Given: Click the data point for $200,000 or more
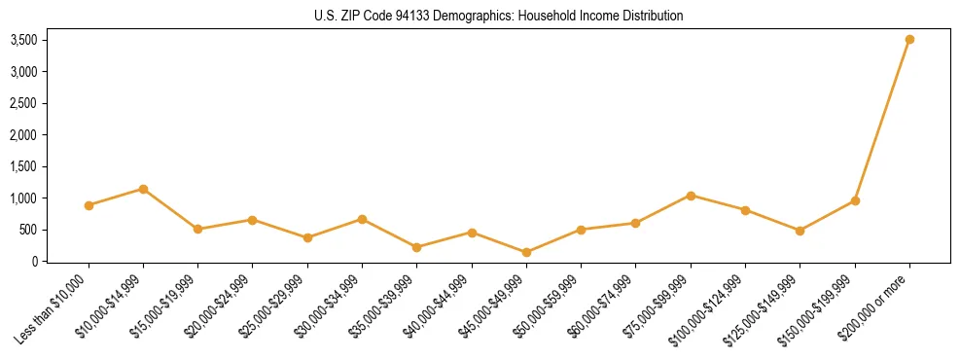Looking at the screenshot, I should [x=909, y=40].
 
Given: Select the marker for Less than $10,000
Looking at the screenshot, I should [x=89, y=205].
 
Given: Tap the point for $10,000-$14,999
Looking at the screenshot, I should [x=143, y=189].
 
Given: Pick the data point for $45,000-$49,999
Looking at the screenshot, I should [x=526, y=252].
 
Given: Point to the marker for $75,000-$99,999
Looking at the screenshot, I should [x=691, y=196].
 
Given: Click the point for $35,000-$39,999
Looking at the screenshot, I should [x=417, y=247].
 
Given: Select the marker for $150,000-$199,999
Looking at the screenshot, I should [x=855, y=200].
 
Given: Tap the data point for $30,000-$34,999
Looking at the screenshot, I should [x=362, y=219].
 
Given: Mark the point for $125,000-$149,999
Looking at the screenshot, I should [x=800, y=231].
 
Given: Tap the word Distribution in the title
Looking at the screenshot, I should [x=650, y=16].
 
